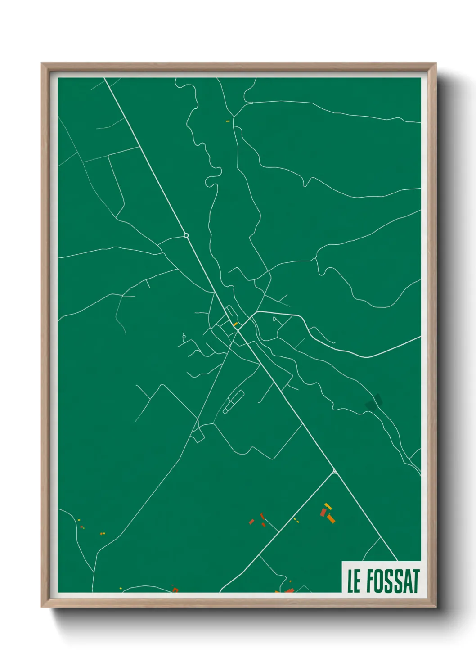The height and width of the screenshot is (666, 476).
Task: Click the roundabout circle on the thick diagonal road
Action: point(186,235)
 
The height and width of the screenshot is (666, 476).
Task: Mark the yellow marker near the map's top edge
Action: point(228,121)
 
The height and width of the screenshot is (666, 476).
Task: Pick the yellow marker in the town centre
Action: point(235,324)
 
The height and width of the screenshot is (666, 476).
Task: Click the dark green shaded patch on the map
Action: point(373,402)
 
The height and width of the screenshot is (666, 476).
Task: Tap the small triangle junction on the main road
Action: point(334,472)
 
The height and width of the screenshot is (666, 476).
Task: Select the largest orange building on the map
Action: point(331,519)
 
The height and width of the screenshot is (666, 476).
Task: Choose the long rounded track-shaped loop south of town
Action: point(234,402)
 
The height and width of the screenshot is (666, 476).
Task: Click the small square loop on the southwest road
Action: point(198,435)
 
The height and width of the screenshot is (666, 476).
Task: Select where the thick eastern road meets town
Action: point(257,311)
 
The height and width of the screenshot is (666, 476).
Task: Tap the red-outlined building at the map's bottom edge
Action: point(175,589)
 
